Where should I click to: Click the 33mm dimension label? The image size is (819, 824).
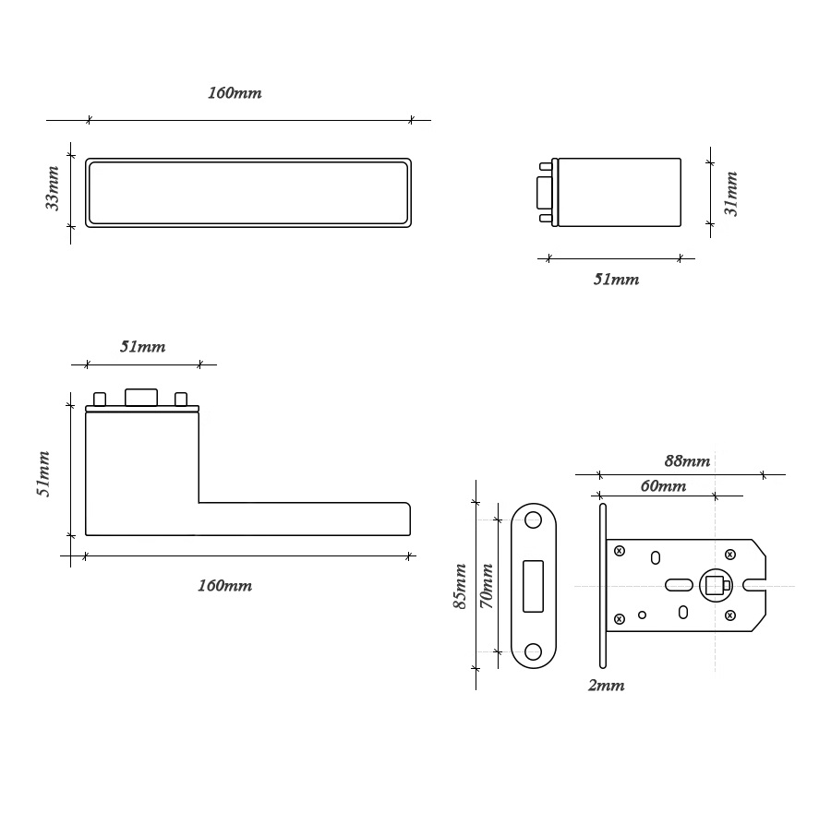click(x=52, y=188)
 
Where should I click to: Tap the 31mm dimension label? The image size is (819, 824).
click(x=731, y=194)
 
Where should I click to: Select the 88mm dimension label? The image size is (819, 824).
click(x=687, y=460)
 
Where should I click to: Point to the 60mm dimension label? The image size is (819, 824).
click(x=663, y=485)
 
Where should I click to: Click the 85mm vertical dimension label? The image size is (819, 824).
click(x=460, y=586)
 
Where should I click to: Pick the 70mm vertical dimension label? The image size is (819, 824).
click(x=487, y=586)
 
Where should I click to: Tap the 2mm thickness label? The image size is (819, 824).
click(x=606, y=686)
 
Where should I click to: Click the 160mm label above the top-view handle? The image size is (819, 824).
click(x=235, y=93)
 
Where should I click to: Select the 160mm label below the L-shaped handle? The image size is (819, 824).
click(x=224, y=585)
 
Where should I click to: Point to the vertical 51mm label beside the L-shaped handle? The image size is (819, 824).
click(x=43, y=473)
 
